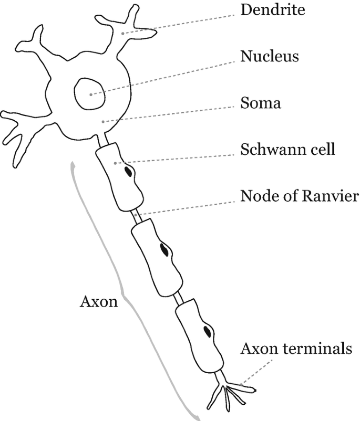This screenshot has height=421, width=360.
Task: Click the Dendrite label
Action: click(272, 10)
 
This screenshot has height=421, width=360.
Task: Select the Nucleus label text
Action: click(270, 56)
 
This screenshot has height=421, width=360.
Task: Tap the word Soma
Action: click(261, 103)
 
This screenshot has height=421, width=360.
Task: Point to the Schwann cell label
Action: click(287, 150)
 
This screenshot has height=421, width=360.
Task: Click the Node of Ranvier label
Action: click(299, 196)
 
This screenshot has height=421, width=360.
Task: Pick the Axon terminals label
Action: click(296, 349)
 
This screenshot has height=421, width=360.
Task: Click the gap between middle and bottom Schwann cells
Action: click(179, 297)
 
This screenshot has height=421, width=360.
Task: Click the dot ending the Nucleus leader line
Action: click(90, 94)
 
